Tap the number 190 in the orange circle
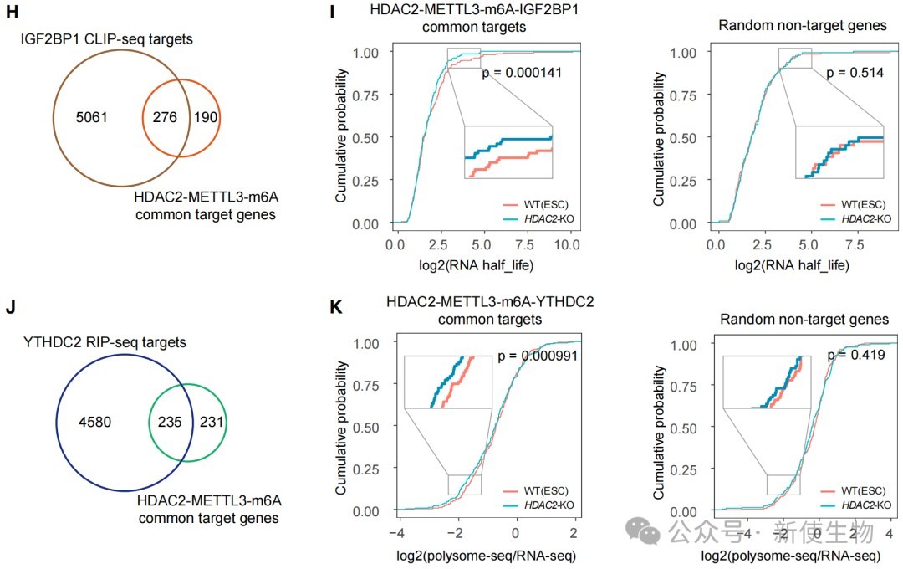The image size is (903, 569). (205, 117)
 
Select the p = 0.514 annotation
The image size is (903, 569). (855, 74)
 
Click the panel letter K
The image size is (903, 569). (334, 307)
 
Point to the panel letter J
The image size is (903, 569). (10, 307)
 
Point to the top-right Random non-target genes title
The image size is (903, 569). (803, 25)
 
